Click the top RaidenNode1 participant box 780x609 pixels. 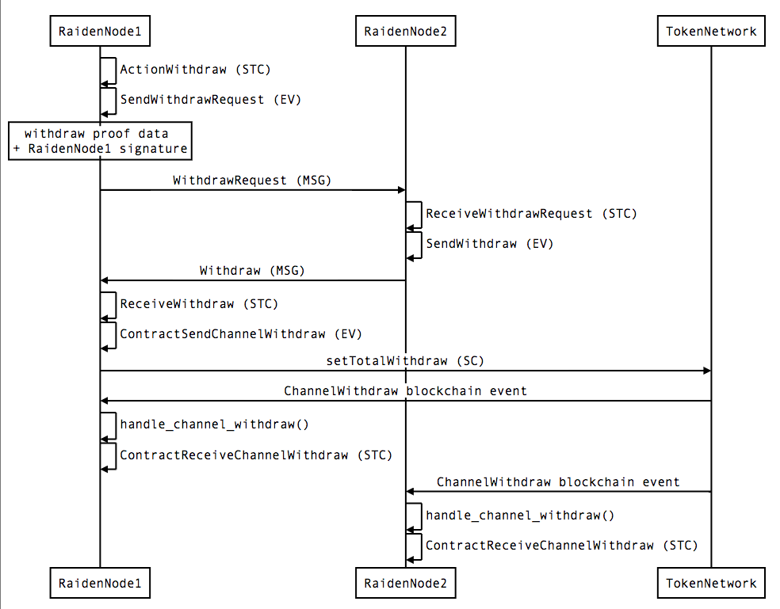(x=100, y=32)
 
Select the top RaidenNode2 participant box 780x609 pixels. (x=405, y=32)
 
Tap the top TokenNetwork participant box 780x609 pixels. (x=710, y=32)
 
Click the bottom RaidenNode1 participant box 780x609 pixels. (x=100, y=584)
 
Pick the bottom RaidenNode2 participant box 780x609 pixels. (x=405, y=584)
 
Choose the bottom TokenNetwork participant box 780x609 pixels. (x=710, y=584)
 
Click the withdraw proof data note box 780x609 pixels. (x=100, y=141)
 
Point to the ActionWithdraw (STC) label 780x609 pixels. (x=195, y=70)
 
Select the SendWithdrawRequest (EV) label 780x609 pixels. (x=211, y=100)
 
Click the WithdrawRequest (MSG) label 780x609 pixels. (x=252, y=181)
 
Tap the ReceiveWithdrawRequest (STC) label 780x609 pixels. (x=531, y=214)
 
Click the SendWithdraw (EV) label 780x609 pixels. (x=490, y=244)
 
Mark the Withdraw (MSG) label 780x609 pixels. (x=252, y=271)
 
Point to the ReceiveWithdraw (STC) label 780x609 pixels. (x=199, y=304)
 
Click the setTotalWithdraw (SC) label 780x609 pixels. (x=405, y=361)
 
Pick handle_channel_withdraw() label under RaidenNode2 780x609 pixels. (x=520, y=516)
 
